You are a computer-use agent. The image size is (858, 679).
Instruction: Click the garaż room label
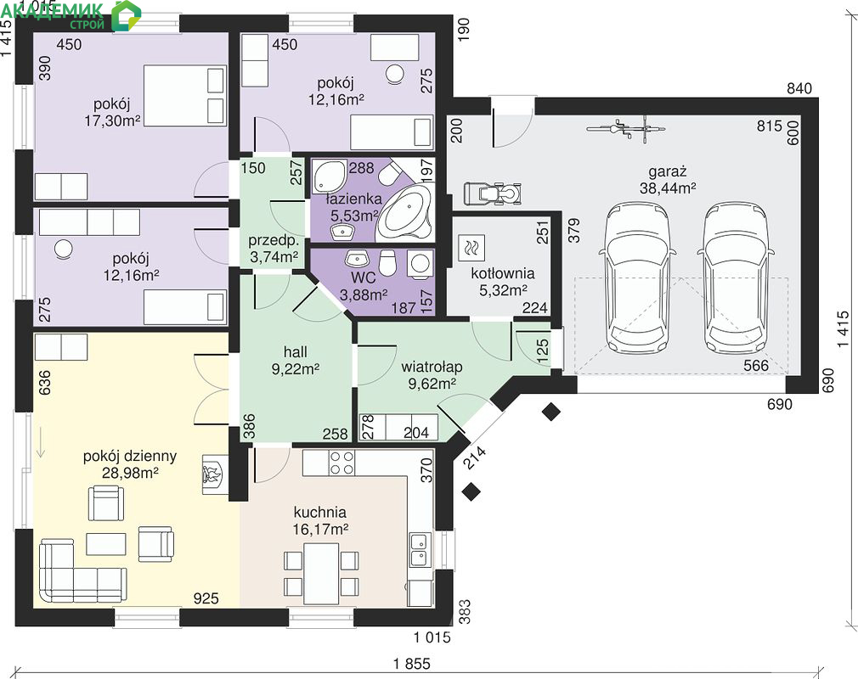[x=668, y=171]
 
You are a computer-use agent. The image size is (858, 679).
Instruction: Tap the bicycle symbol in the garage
[x=626, y=130]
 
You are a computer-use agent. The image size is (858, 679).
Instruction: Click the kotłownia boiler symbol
[x=471, y=246]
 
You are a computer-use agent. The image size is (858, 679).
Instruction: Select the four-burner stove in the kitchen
[x=342, y=463]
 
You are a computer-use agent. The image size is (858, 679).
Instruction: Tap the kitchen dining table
[x=321, y=572]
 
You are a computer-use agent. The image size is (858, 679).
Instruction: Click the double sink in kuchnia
[x=419, y=550]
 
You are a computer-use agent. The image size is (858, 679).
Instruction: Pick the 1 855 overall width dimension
[x=411, y=663]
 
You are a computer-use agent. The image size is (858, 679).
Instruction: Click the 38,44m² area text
[x=668, y=188]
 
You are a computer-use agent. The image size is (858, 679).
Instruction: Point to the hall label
[x=296, y=351]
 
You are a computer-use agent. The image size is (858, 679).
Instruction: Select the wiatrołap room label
[x=432, y=367]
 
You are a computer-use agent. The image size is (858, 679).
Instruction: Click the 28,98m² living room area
[x=130, y=473]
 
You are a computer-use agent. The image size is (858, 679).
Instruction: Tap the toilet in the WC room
[x=387, y=261]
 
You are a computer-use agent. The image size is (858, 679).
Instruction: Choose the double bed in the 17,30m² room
[x=185, y=96]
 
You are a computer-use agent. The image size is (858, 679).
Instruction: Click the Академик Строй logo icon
[x=126, y=15]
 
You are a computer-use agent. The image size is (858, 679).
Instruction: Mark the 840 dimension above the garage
[x=799, y=88]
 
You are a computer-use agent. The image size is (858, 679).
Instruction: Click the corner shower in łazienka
[x=330, y=177]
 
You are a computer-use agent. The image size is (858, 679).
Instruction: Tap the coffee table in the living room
[x=106, y=544]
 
